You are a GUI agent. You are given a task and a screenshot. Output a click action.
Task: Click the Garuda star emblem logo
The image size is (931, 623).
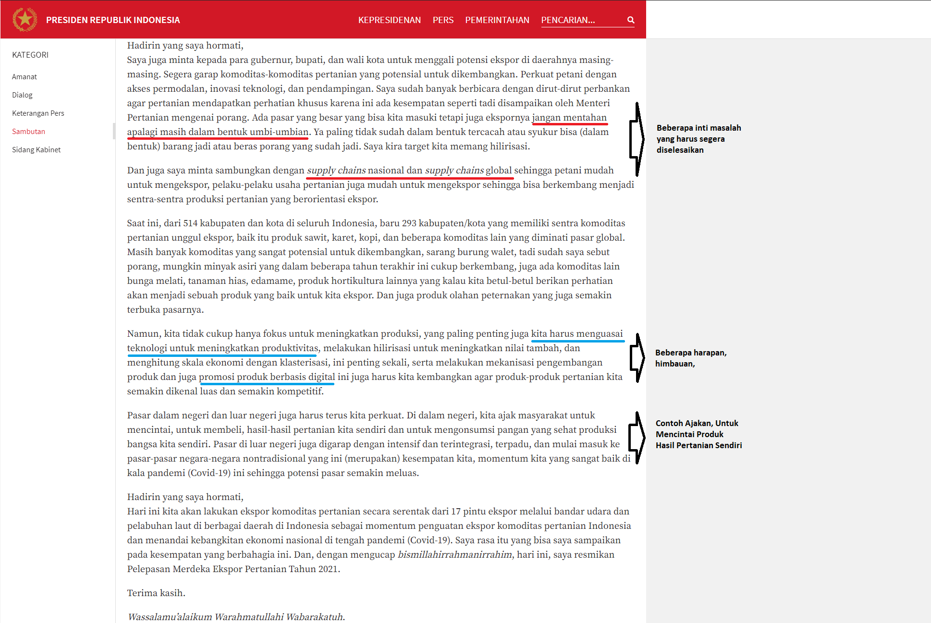click(24, 20)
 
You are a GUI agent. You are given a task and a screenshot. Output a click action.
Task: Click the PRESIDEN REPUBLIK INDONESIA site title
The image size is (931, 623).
click(113, 20)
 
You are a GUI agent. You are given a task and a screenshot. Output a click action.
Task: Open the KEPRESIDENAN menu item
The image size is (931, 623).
click(389, 20)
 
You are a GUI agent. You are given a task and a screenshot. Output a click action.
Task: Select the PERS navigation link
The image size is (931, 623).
click(443, 20)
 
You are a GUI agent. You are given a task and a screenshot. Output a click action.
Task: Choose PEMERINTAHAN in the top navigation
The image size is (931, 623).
click(497, 20)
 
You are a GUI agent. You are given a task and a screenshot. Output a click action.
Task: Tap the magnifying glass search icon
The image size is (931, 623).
click(631, 20)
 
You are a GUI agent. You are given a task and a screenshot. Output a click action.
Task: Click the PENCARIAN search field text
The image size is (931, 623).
click(568, 20)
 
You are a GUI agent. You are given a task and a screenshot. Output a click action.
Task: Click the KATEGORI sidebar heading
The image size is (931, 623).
click(30, 55)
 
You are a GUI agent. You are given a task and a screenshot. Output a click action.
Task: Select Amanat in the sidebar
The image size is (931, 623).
click(24, 77)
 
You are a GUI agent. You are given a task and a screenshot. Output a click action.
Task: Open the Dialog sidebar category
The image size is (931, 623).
click(23, 95)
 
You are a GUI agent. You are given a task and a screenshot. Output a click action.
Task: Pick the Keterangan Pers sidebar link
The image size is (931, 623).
click(38, 113)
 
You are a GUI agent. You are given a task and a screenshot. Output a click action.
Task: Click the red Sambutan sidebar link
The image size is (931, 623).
click(29, 132)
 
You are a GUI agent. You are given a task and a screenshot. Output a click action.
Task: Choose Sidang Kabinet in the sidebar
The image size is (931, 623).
click(37, 150)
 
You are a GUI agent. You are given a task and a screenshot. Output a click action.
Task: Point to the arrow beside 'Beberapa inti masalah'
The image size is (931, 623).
click(637, 139)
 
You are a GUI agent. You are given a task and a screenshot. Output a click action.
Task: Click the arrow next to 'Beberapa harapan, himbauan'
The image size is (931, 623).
click(637, 358)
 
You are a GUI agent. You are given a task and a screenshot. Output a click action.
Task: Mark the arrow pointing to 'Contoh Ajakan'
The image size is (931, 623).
click(637, 437)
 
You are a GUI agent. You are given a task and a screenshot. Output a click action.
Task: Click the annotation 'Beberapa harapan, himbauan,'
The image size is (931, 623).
click(691, 358)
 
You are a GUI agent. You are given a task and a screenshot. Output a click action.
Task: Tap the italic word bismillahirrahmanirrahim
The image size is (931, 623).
click(455, 555)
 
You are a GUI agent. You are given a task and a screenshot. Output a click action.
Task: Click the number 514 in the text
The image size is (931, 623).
click(190, 223)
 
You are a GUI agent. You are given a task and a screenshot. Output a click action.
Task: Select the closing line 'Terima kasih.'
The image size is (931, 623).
click(156, 593)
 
